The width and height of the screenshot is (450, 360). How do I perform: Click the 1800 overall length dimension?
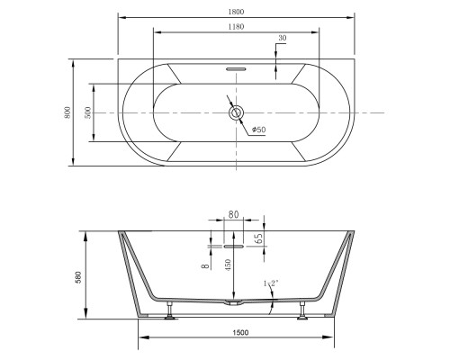point(236,12)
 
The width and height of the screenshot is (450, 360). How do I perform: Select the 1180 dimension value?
point(236,27)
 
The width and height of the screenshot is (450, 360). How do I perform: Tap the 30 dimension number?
point(283,38)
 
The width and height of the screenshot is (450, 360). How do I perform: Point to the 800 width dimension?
point(67,112)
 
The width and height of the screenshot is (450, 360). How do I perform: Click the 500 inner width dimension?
point(88,112)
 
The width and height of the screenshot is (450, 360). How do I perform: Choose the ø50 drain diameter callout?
point(259,130)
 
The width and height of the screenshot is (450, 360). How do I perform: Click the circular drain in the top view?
point(237,113)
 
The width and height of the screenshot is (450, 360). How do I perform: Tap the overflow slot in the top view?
point(236,69)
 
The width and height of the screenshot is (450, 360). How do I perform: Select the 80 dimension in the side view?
point(233,214)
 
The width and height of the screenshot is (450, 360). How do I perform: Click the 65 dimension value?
point(259,238)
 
